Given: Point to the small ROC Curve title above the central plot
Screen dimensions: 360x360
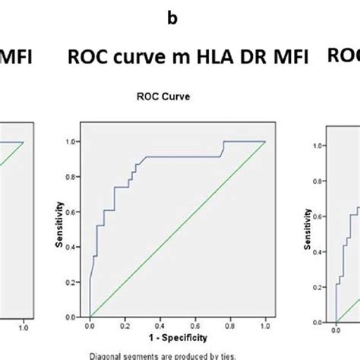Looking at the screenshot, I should coord(176,97).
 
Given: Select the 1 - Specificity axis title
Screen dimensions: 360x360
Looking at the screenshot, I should coord(177,337).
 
